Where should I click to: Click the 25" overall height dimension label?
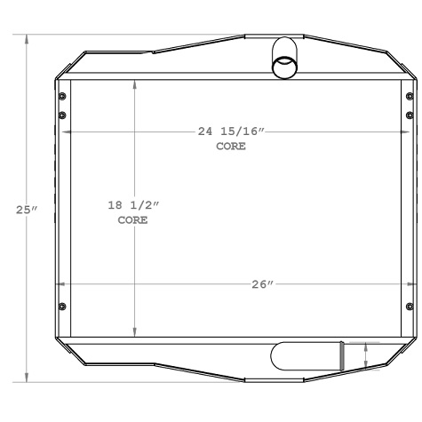[26, 211]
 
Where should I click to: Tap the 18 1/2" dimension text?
[132, 206]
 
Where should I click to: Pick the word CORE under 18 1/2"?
[132, 220]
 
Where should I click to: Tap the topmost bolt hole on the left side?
[61, 97]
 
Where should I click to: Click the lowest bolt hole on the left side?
[61, 307]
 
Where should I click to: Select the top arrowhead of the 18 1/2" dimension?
[134, 85]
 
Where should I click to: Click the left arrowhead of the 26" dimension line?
[60, 284]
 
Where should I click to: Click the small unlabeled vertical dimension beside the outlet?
[366, 355]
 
